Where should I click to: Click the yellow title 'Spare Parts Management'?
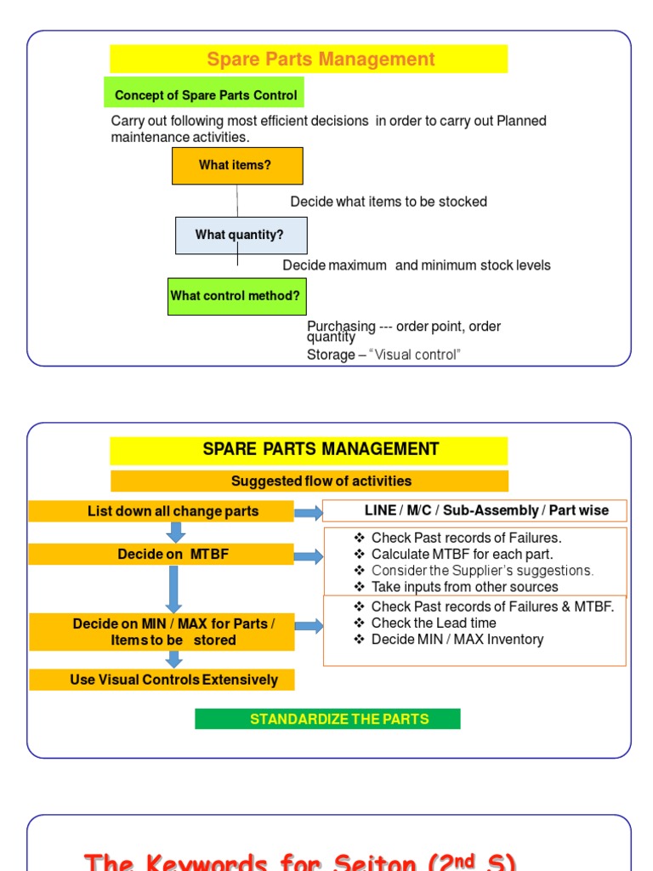click(321, 60)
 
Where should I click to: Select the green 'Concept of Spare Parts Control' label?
click(205, 95)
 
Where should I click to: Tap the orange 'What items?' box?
click(236, 166)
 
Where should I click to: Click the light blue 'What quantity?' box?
click(241, 235)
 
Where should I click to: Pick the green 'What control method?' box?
click(236, 296)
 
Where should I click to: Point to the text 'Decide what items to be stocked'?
click(389, 202)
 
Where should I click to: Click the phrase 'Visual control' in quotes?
click(415, 355)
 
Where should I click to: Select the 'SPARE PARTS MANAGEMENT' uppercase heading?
click(321, 449)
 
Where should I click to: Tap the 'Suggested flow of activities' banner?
click(321, 481)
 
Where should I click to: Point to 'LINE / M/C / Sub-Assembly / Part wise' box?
click(474, 510)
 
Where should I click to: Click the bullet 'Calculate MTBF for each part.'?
click(462, 555)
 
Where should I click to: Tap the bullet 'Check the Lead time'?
click(434, 623)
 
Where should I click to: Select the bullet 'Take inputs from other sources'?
click(464, 587)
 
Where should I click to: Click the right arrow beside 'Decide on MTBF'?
click(309, 556)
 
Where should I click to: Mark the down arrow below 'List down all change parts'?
click(176, 532)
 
